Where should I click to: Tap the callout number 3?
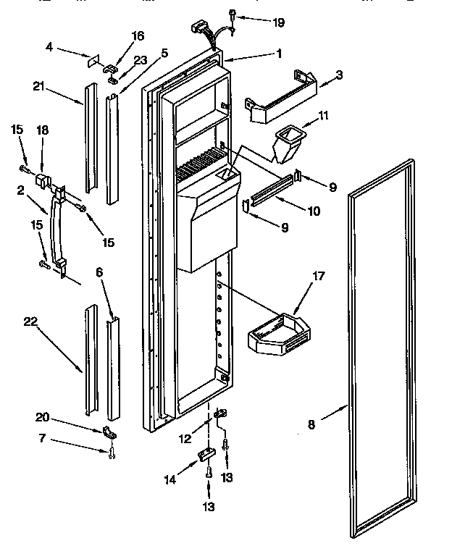coord(339,75)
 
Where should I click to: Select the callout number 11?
coord(323,115)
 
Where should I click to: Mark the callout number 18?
coord(43,130)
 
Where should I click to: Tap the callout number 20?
coord(43,417)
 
